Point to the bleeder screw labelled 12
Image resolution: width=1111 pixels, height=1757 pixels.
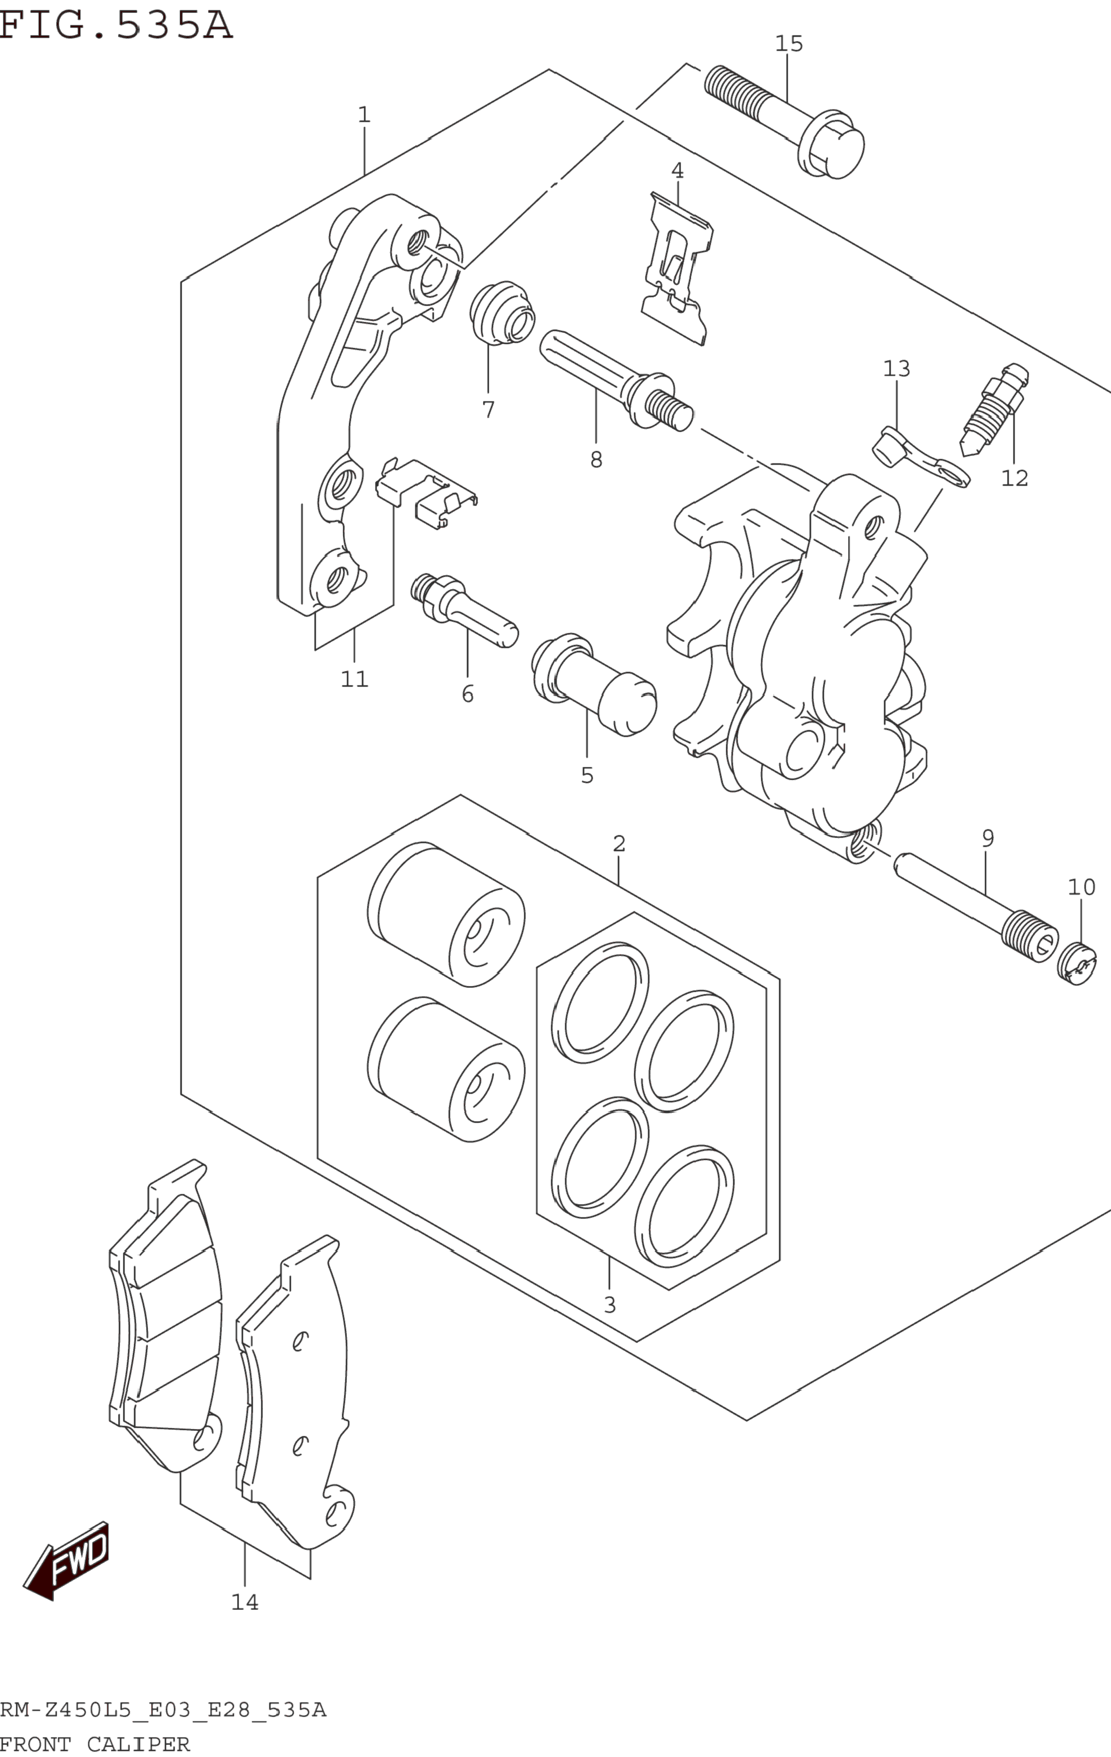(x=996, y=412)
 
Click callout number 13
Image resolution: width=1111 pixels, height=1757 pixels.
(x=897, y=369)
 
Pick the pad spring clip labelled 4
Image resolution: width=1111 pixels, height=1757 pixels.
(x=676, y=270)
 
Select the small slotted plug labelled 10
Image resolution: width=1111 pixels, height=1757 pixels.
(x=1077, y=964)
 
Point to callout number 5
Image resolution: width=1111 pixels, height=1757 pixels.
(x=587, y=776)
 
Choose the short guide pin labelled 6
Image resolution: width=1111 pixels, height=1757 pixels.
(x=464, y=610)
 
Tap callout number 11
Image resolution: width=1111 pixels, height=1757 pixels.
(x=355, y=679)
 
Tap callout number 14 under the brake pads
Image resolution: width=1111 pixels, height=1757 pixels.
(x=245, y=1602)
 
